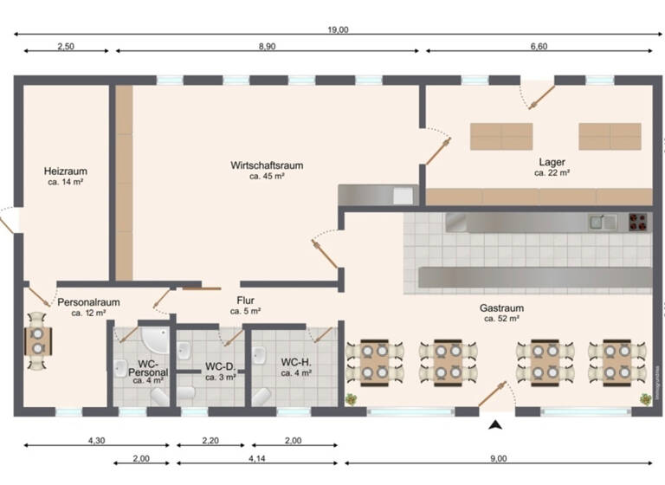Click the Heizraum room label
point(67,171)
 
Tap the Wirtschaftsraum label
point(267,165)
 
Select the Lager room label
point(552,162)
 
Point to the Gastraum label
point(501,307)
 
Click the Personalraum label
point(88,302)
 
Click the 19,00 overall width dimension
point(338,29)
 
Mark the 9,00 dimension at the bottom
point(498,458)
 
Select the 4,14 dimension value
point(257,458)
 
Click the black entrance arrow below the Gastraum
point(495,424)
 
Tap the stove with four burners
point(638,222)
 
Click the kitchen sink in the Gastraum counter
point(604,222)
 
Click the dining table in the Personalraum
point(37,340)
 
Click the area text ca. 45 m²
point(267,176)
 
